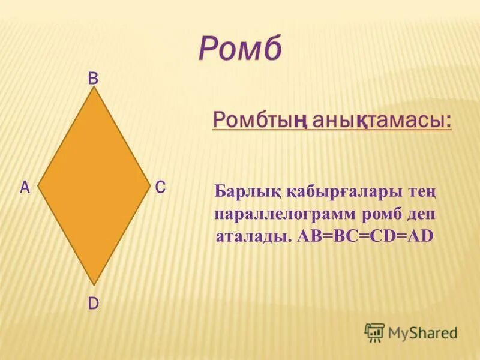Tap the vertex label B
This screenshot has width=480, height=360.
coord(94,78)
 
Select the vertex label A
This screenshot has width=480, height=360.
coord(25,188)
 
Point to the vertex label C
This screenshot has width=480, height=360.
coord(160,188)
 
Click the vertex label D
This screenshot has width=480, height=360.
coord(94,304)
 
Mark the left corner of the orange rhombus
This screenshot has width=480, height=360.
coord(38,187)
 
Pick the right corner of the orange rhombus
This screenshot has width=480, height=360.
coord(149,187)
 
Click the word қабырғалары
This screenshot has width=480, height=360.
coord(340,194)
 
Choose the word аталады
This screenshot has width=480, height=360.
coord(254,236)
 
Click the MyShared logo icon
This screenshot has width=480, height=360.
coord(374,332)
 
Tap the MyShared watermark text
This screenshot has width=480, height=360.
coord(422,332)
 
